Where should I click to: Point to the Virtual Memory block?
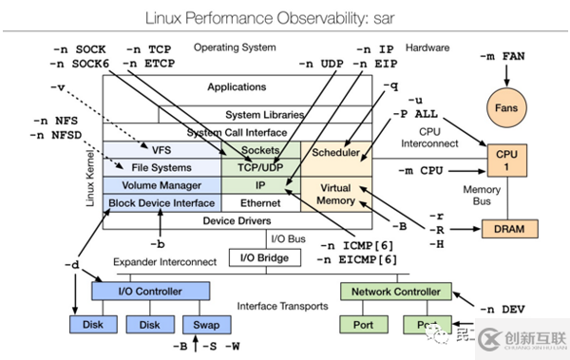click(x=337, y=194)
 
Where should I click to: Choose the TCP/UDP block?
click(x=259, y=166)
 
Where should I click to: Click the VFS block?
click(x=160, y=150)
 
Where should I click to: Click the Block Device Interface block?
click(x=160, y=202)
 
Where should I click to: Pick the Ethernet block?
click(x=259, y=202)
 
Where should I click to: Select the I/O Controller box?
click(x=143, y=291)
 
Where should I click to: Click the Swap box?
click(x=207, y=325)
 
